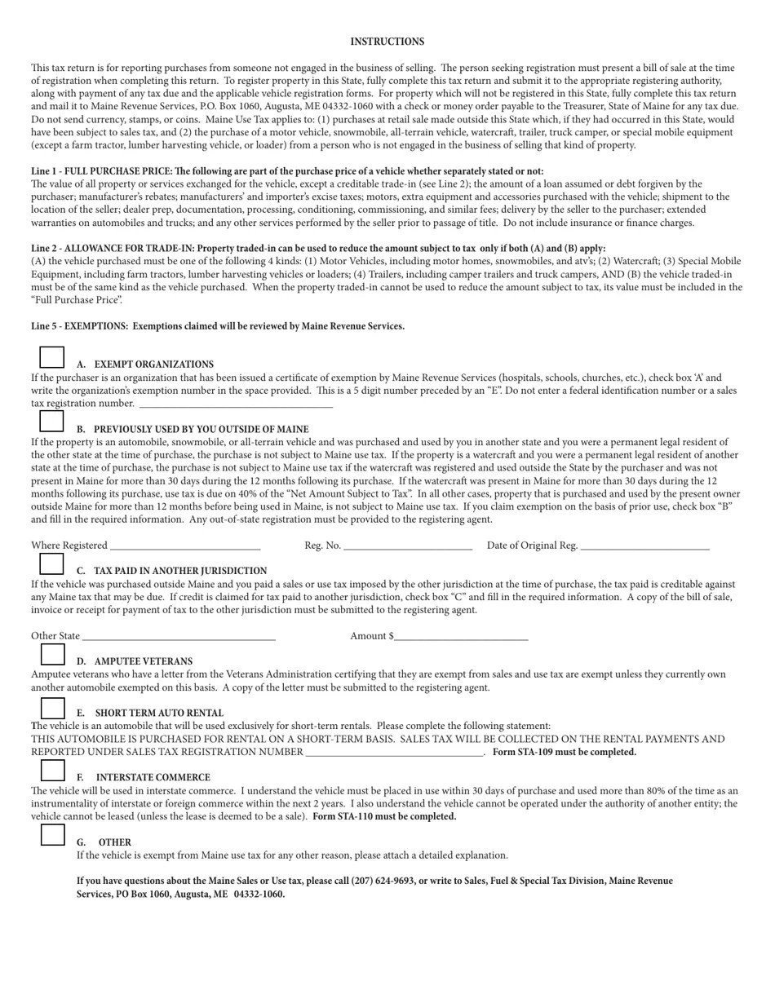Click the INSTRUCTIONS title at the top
pyautogui.click(x=387, y=42)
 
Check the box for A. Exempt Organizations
pyautogui.click(x=51, y=357)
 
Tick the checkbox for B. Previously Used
pyautogui.click(x=51, y=421)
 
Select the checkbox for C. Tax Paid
pyautogui.click(x=51, y=563)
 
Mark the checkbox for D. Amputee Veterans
pyautogui.click(x=52, y=654)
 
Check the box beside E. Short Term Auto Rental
pyautogui.click(x=52, y=708)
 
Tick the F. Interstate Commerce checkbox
pyautogui.click(x=52, y=769)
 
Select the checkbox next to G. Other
pyautogui.click(x=52, y=834)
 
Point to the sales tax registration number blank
pyautogui.click(x=394, y=751)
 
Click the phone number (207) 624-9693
pyautogui.click(x=383, y=881)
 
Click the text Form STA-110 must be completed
pyautogui.click(x=384, y=816)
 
